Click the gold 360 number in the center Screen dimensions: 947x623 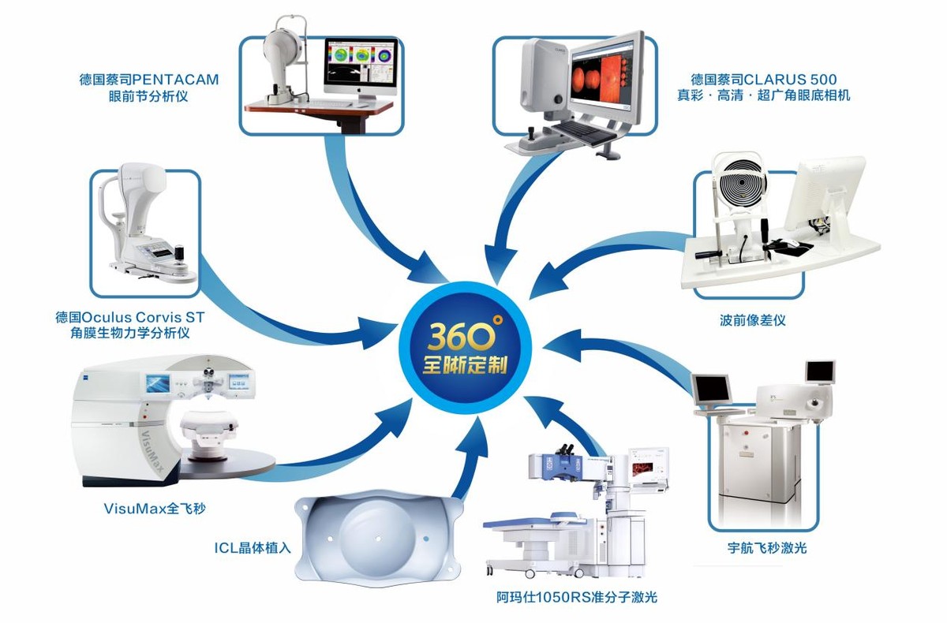[x=462, y=336]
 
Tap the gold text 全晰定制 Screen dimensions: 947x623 [x=465, y=366]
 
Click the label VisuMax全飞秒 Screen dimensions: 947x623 [x=155, y=509]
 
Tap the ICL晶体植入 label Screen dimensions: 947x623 [x=253, y=548]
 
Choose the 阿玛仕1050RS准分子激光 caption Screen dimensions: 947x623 [x=577, y=597]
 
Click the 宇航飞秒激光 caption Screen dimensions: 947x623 [x=767, y=548]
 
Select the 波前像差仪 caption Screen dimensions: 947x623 [x=753, y=320]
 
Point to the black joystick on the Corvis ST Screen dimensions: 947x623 [x=181, y=252]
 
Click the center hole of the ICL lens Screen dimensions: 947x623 [x=378, y=539]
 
